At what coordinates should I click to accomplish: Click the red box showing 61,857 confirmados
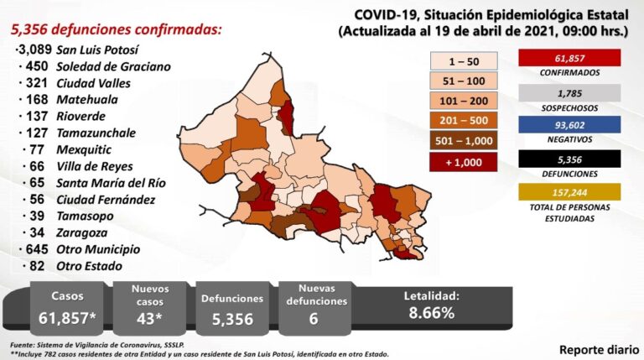569,58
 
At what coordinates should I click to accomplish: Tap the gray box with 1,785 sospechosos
569,92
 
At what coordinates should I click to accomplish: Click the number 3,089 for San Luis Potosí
32,50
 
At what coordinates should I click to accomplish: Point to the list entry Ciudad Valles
91,83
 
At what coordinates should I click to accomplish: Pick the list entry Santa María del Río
112,183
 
